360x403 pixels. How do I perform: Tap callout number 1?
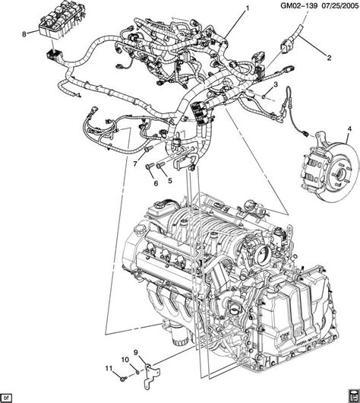click(x=246, y=8)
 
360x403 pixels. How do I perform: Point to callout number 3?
click(x=276, y=84)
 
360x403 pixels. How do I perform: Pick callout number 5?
click(x=170, y=182)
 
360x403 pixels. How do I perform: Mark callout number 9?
click(x=137, y=352)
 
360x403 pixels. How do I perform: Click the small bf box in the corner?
click(x=8, y=397)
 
